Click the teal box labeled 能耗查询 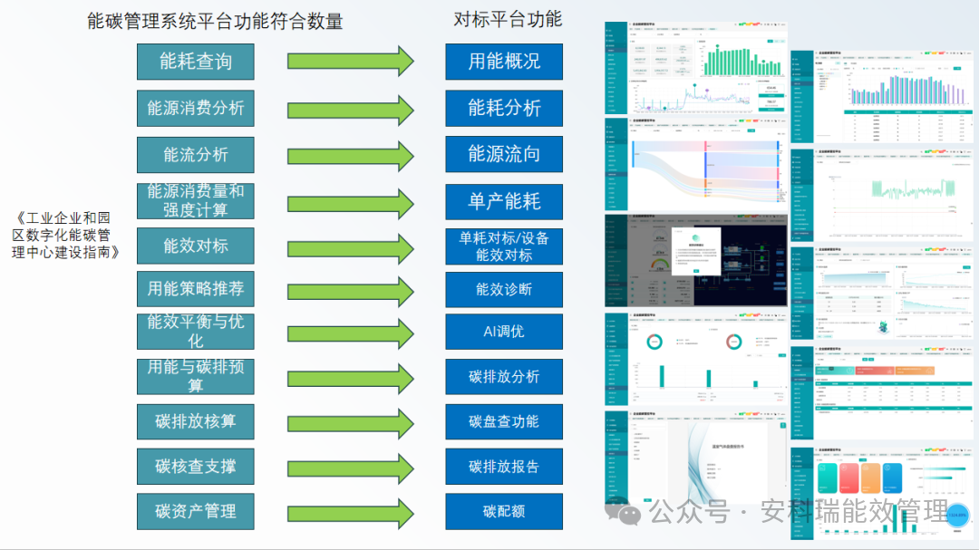click(x=195, y=62)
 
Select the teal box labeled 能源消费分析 click(x=195, y=108)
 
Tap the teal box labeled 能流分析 click(x=195, y=155)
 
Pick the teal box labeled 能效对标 click(x=195, y=246)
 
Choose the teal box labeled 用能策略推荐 click(x=195, y=289)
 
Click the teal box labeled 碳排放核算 click(x=195, y=421)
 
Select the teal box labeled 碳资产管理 click(x=195, y=511)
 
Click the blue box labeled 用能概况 click(x=504, y=62)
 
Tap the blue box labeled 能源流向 click(x=504, y=154)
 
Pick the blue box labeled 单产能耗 click(x=504, y=201)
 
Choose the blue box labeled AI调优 click(x=504, y=332)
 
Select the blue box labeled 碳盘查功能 click(x=504, y=421)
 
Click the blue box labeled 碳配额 click(x=504, y=511)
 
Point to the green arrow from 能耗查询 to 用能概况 click(x=350, y=62)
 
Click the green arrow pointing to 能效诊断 click(x=350, y=290)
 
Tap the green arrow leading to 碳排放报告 click(x=350, y=467)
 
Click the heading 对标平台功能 click(x=508, y=20)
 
